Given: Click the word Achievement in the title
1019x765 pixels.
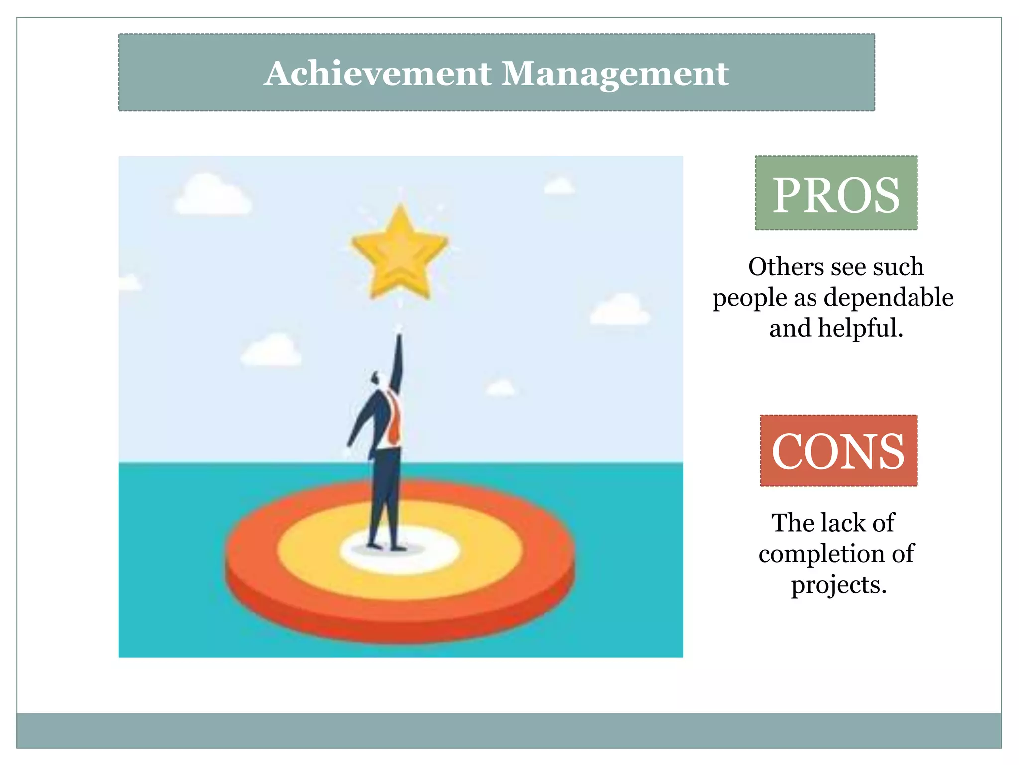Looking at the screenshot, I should pyautogui.click(x=378, y=74).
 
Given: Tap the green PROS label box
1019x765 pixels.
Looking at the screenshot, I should pyautogui.click(x=836, y=193).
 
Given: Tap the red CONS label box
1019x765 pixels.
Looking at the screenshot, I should pyautogui.click(x=838, y=451).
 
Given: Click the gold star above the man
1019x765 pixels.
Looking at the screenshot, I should pyautogui.click(x=400, y=253).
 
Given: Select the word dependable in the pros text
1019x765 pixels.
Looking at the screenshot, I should pyautogui.click(x=889, y=298).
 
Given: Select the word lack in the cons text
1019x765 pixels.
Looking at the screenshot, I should pyautogui.click(x=839, y=523).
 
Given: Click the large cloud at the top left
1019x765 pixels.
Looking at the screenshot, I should pyautogui.click(x=212, y=196).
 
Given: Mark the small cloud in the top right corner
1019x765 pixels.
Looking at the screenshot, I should pyautogui.click(x=559, y=186).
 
